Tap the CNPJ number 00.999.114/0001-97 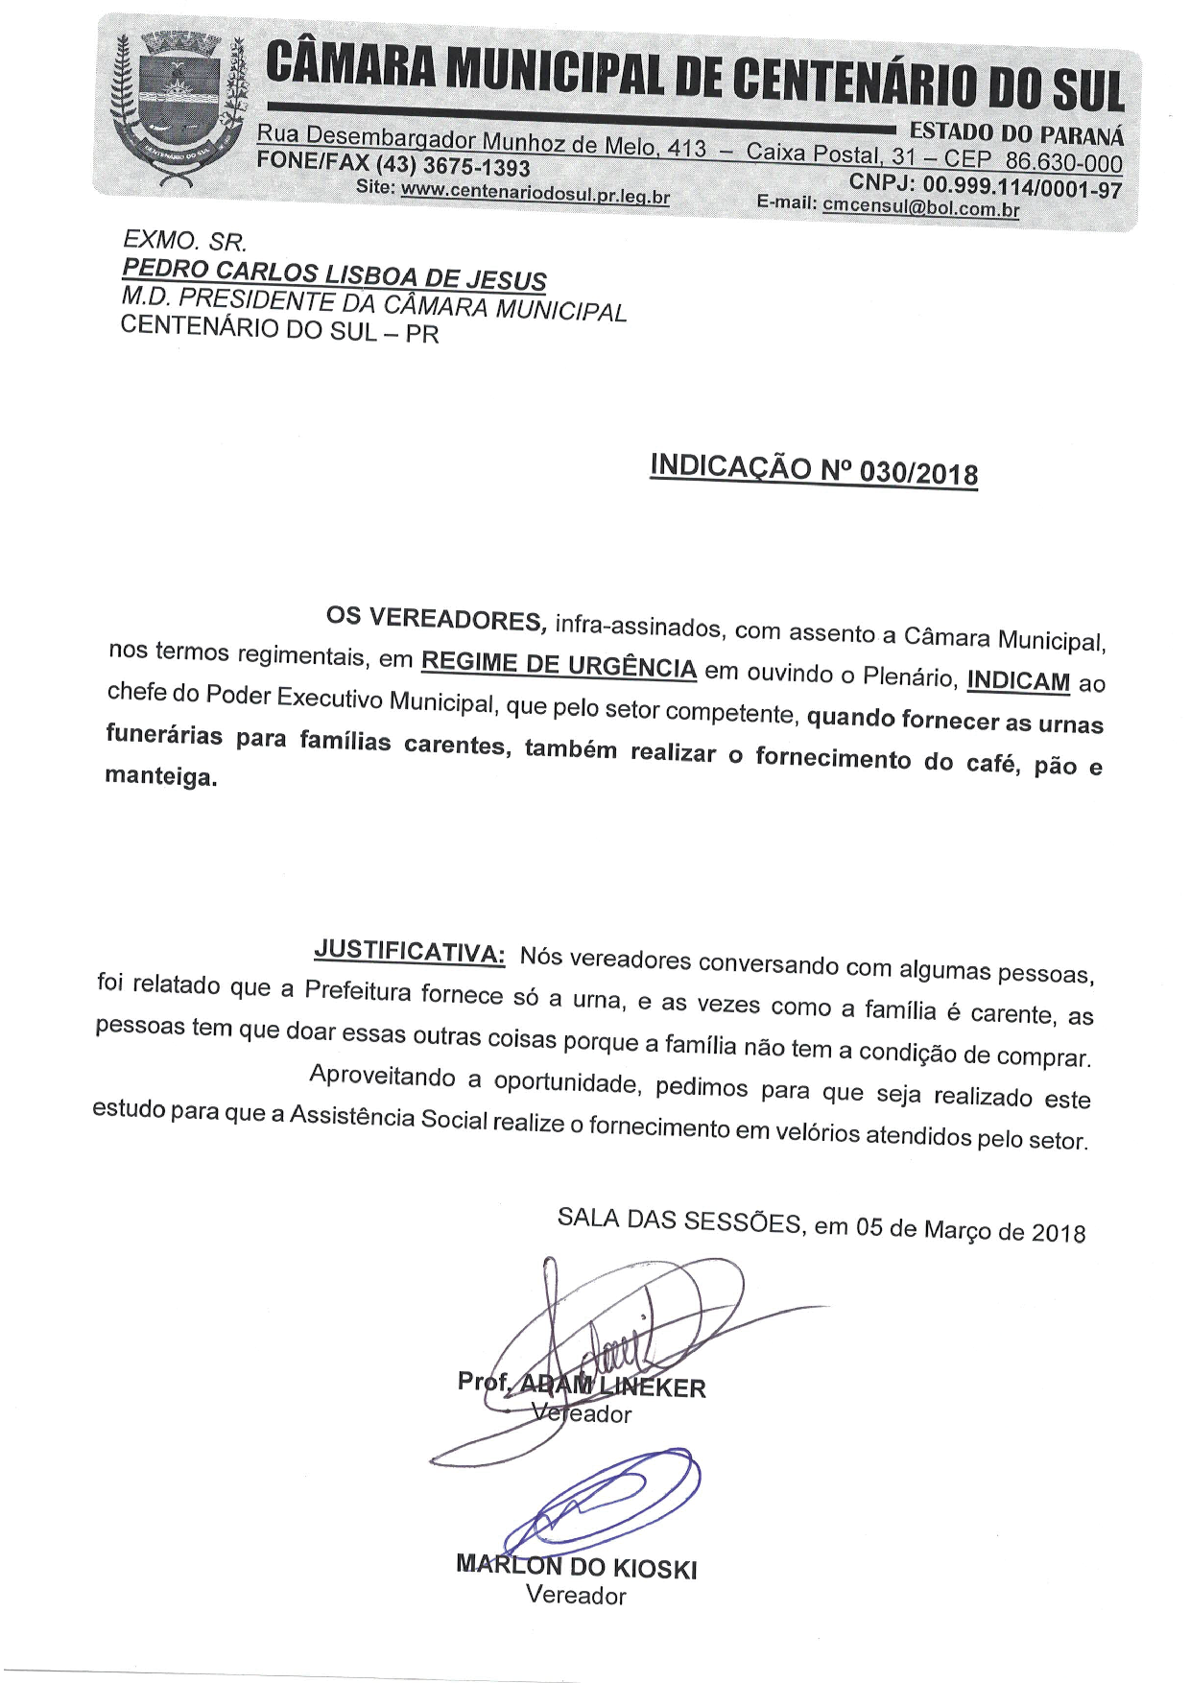tap(1021, 187)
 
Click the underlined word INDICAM tap(1018, 680)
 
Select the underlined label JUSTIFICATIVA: tap(410, 952)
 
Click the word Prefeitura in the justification tap(357, 990)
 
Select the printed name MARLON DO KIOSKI tap(576, 1567)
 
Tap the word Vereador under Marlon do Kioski tap(576, 1596)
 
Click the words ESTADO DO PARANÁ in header tap(1016, 133)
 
